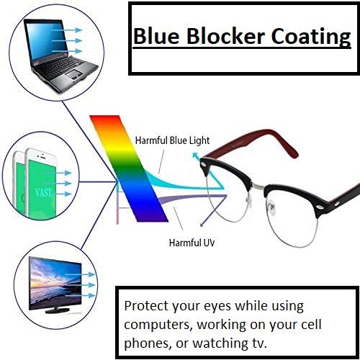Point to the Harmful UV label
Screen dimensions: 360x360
tap(192, 243)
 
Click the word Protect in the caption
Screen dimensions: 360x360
tap(146, 305)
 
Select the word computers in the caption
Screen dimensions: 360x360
tap(156, 323)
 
